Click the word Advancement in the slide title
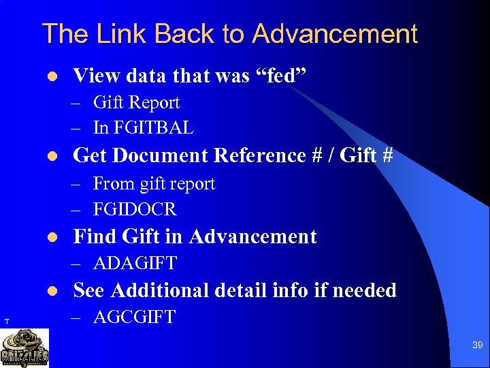tap(335, 33)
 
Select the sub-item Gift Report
tap(136, 103)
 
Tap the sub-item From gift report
tap(154, 184)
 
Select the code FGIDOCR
tap(134, 209)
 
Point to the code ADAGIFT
tap(135, 263)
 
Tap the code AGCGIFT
tap(134, 317)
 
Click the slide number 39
tap(478, 346)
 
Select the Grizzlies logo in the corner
tap(24, 348)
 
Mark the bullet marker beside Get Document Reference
tap(54, 157)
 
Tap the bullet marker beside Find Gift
tap(54, 238)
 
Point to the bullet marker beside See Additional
tap(54, 292)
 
